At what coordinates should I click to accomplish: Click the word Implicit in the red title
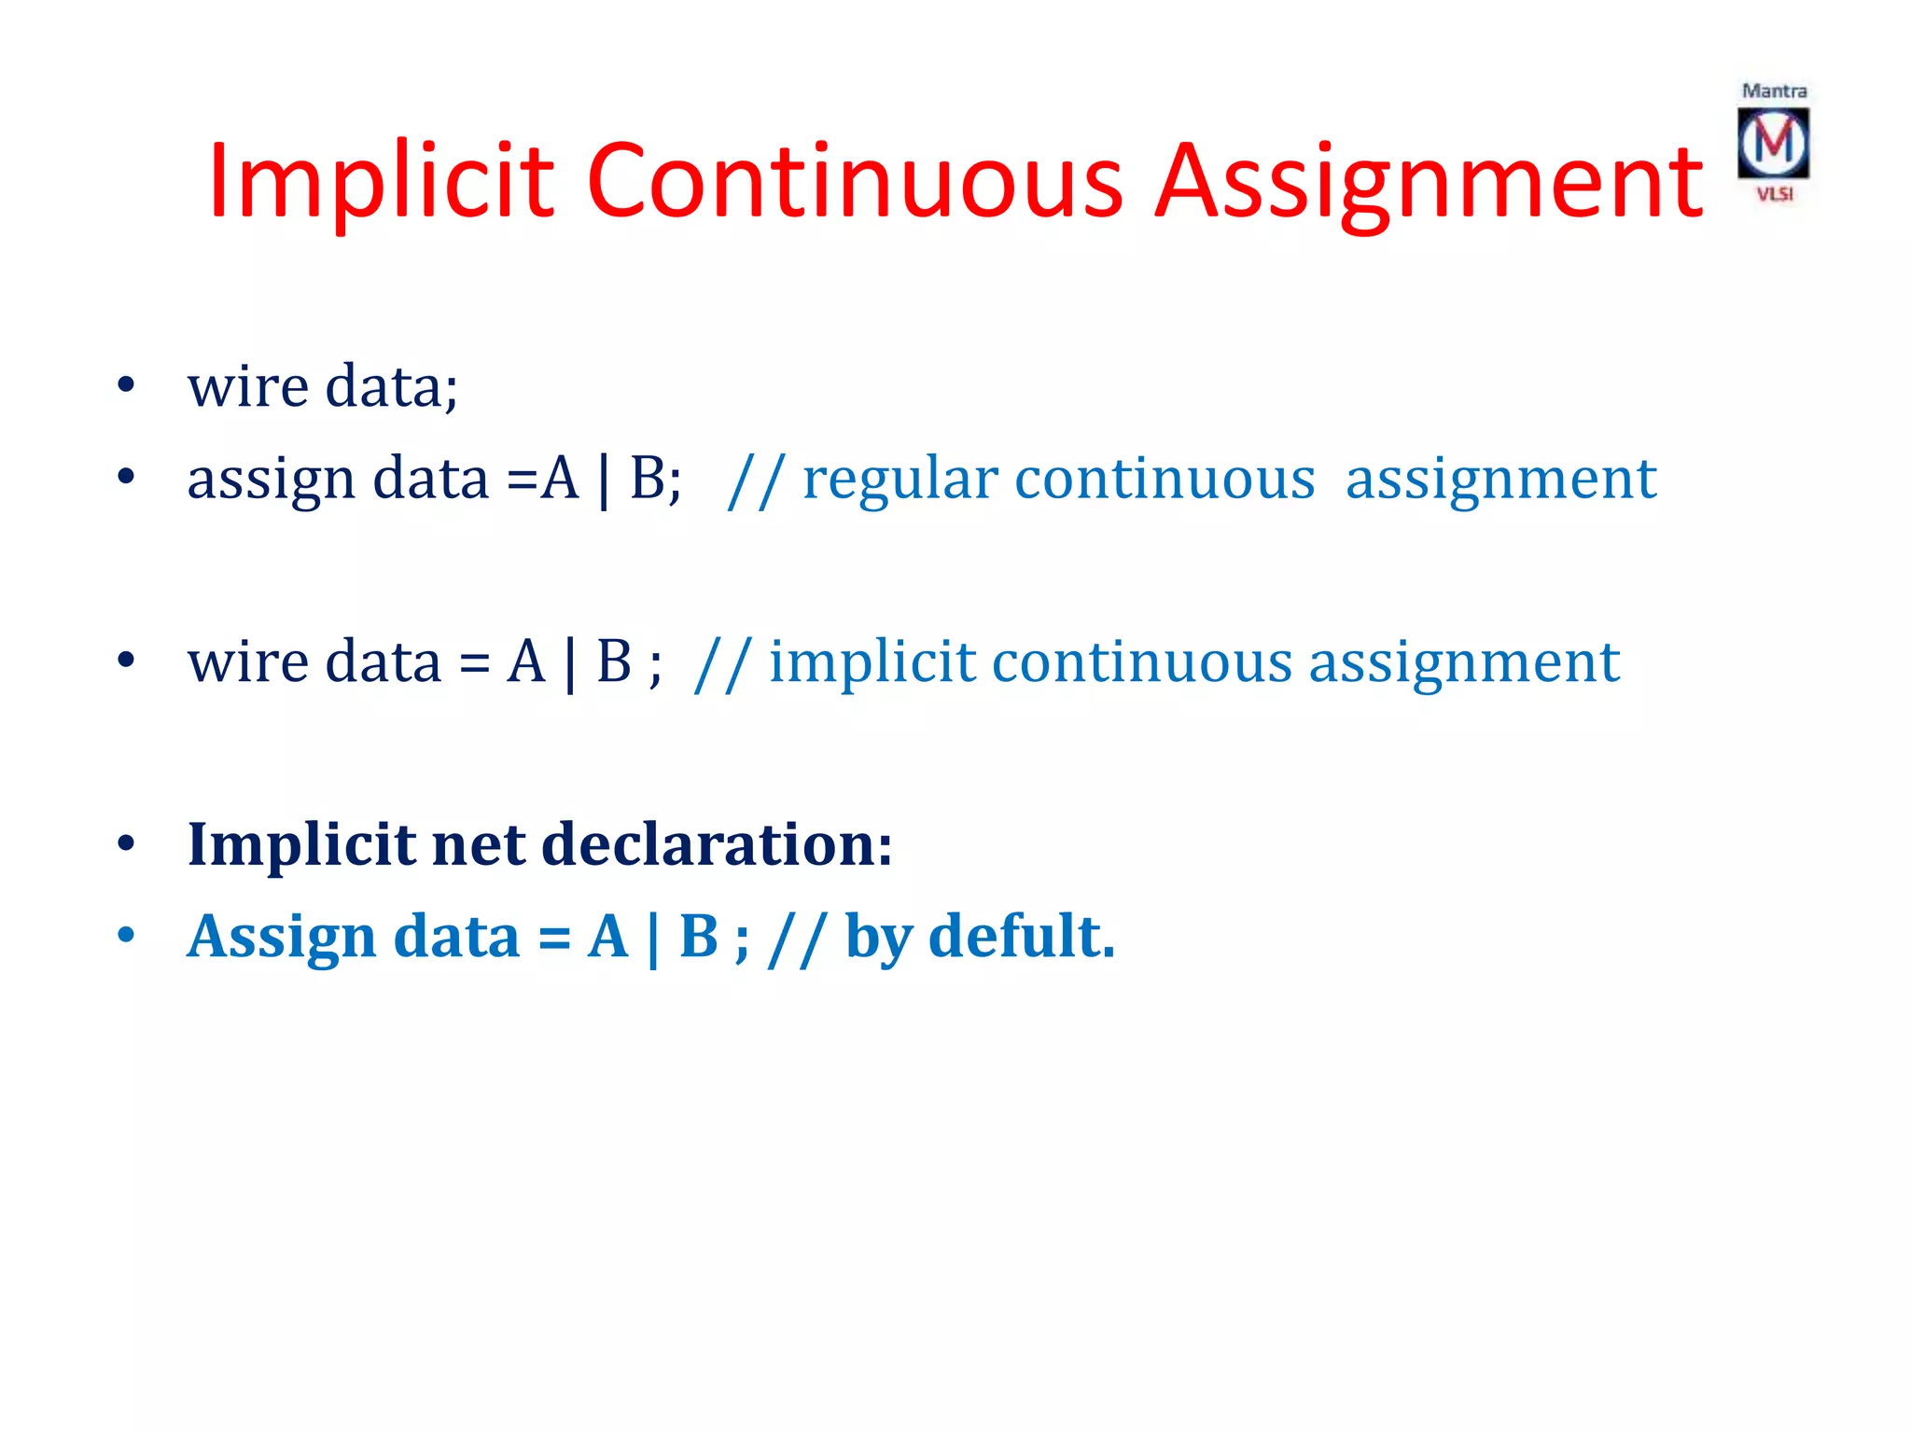point(381,182)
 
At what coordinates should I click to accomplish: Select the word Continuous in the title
point(854,182)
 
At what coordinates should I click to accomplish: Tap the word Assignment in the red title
point(1429,182)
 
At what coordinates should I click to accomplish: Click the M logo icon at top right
point(1773,143)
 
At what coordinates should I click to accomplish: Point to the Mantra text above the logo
point(1774,91)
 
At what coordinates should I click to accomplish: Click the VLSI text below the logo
point(1775,194)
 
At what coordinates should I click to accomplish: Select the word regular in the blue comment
point(901,480)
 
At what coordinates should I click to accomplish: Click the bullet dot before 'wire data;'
point(126,385)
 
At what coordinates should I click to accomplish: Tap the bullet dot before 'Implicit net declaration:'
point(126,844)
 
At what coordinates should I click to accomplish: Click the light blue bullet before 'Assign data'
point(126,936)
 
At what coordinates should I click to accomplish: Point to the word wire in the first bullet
point(247,386)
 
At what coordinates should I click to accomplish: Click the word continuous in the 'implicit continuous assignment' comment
point(1142,663)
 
